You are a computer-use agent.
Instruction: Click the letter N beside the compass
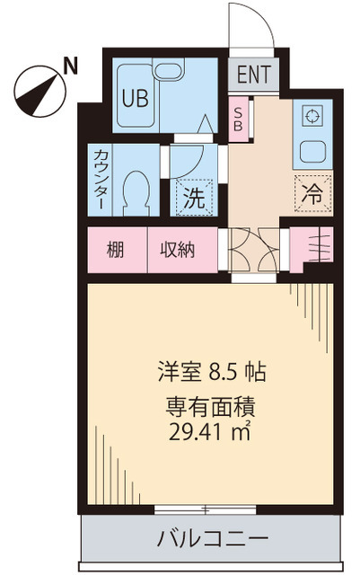pos(71,65)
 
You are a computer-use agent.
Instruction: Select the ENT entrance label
pos(253,75)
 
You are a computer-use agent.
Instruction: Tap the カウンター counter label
pos(101,179)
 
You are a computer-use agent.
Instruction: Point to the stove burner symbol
pos(312,116)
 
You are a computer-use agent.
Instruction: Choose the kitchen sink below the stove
pos(312,149)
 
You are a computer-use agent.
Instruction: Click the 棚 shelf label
pos(117,250)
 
